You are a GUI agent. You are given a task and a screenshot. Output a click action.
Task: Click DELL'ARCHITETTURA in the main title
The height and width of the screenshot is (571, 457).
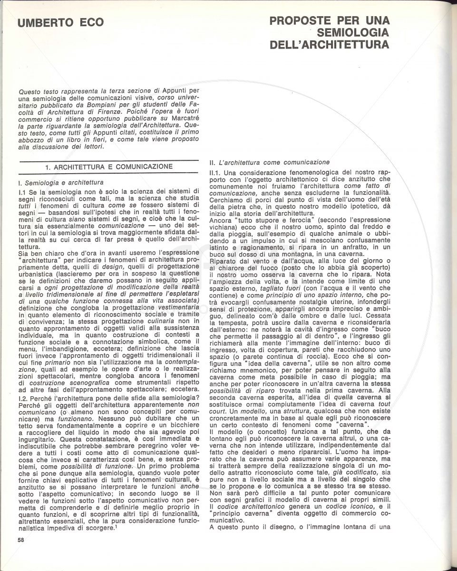click(x=329, y=45)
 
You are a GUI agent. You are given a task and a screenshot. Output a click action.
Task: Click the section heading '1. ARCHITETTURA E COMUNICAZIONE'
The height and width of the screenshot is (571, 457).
click(x=109, y=167)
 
